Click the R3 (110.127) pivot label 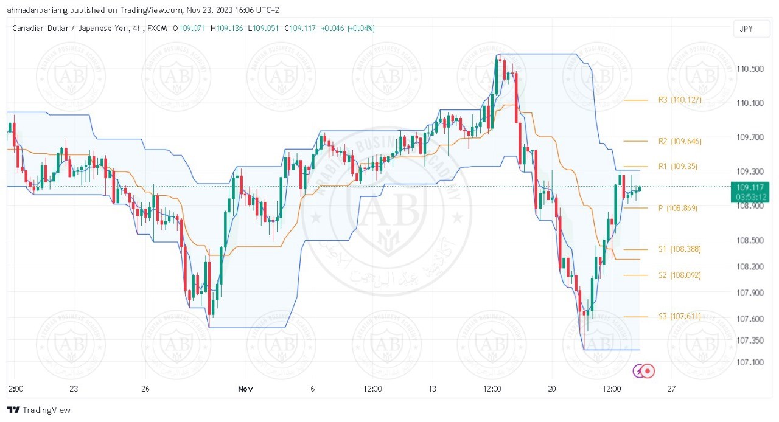tap(680, 100)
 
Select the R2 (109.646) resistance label tap(680, 141)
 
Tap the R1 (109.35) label tap(678, 166)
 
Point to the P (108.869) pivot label tap(678, 208)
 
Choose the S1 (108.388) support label tap(679, 249)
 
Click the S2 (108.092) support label tap(679, 275)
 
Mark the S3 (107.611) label tap(679, 316)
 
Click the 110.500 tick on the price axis tap(750, 69)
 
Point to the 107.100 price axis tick tap(750, 362)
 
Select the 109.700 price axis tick tap(750, 137)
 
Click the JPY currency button tap(746, 29)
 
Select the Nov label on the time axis tap(245, 389)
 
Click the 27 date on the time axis tap(671, 389)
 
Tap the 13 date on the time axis tap(433, 389)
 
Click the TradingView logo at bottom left tap(39, 410)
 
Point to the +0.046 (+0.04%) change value tap(348, 28)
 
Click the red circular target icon tap(648, 370)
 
